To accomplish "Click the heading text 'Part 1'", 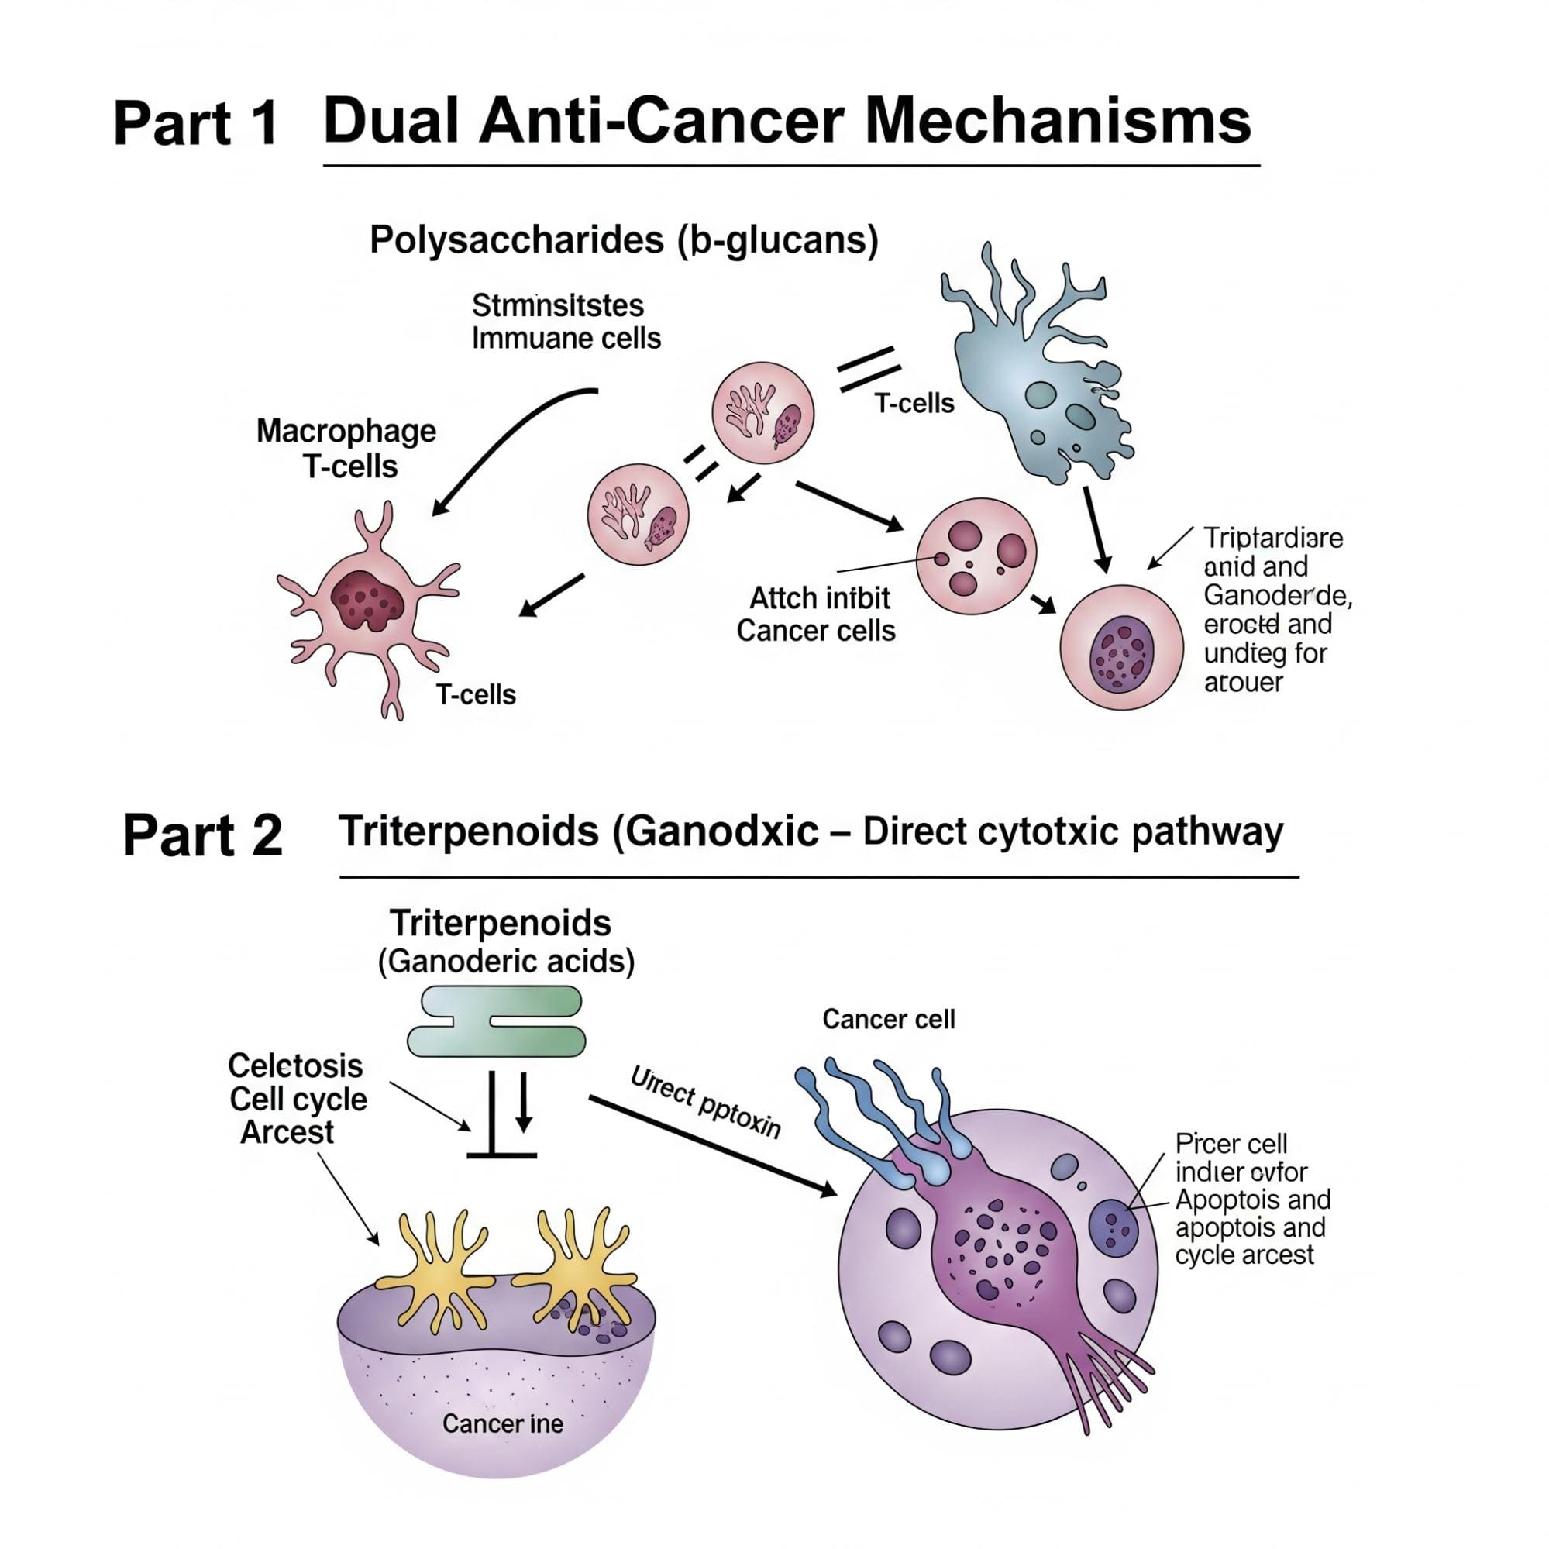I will (x=195, y=123).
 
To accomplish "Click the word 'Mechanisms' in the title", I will (x=1058, y=121).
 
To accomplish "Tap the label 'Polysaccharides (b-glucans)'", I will (x=624, y=239).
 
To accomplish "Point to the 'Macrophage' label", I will (x=346, y=432).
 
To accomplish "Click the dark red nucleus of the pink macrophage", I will (x=367, y=600).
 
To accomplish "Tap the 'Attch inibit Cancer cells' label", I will (x=816, y=614).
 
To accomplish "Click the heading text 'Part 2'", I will (x=202, y=835).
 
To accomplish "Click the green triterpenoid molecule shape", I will (x=497, y=1021).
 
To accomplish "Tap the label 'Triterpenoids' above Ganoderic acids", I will (x=501, y=924).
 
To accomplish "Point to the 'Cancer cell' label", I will (x=888, y=1019).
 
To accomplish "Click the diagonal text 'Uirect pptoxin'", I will (x=706, y=1103).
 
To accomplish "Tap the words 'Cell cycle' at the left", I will (x=298, y=1100).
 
